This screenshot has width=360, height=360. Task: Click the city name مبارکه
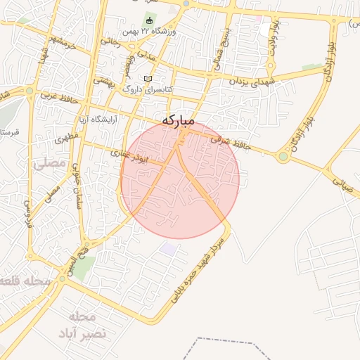pos(178,120)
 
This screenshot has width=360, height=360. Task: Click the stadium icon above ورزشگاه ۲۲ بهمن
pos(149,18)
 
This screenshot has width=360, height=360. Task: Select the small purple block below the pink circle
pos(169,248)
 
